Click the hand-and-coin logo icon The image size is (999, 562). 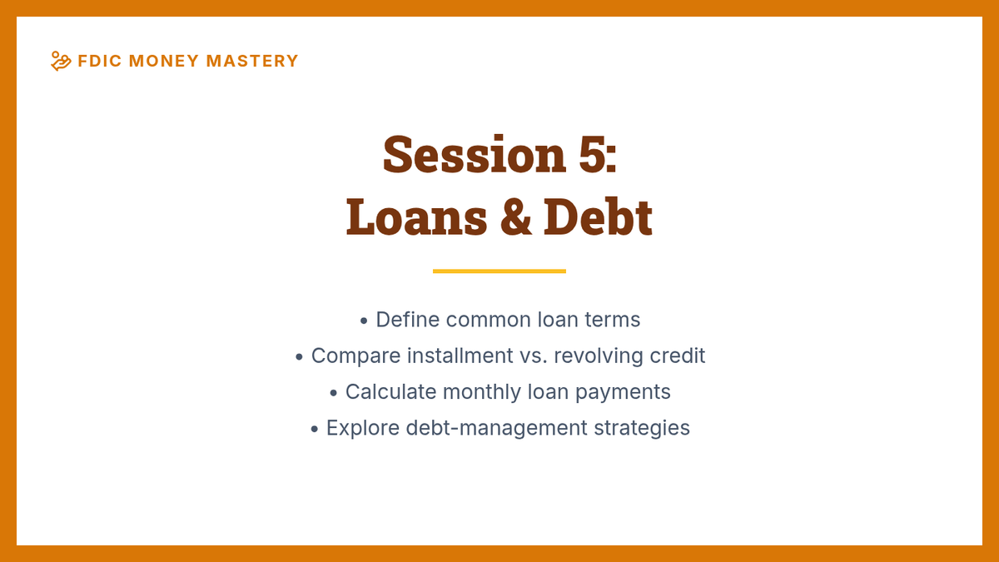tap(61, 61)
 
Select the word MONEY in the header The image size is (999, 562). tap(164, 61)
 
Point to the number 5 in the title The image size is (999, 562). tap(592, 154)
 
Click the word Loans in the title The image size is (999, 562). tap(416, 217)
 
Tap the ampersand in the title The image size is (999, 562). tap(515, 217)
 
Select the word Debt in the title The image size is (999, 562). tap(598, 216)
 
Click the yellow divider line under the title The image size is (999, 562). tap(499, 271)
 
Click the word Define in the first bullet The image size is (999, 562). tap(408, 320)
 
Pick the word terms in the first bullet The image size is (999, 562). tap(613, 320)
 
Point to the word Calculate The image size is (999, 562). tap(390, 391)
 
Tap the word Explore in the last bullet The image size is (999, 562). tap(363, 429)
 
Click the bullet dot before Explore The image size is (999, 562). tap(315, 429)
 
